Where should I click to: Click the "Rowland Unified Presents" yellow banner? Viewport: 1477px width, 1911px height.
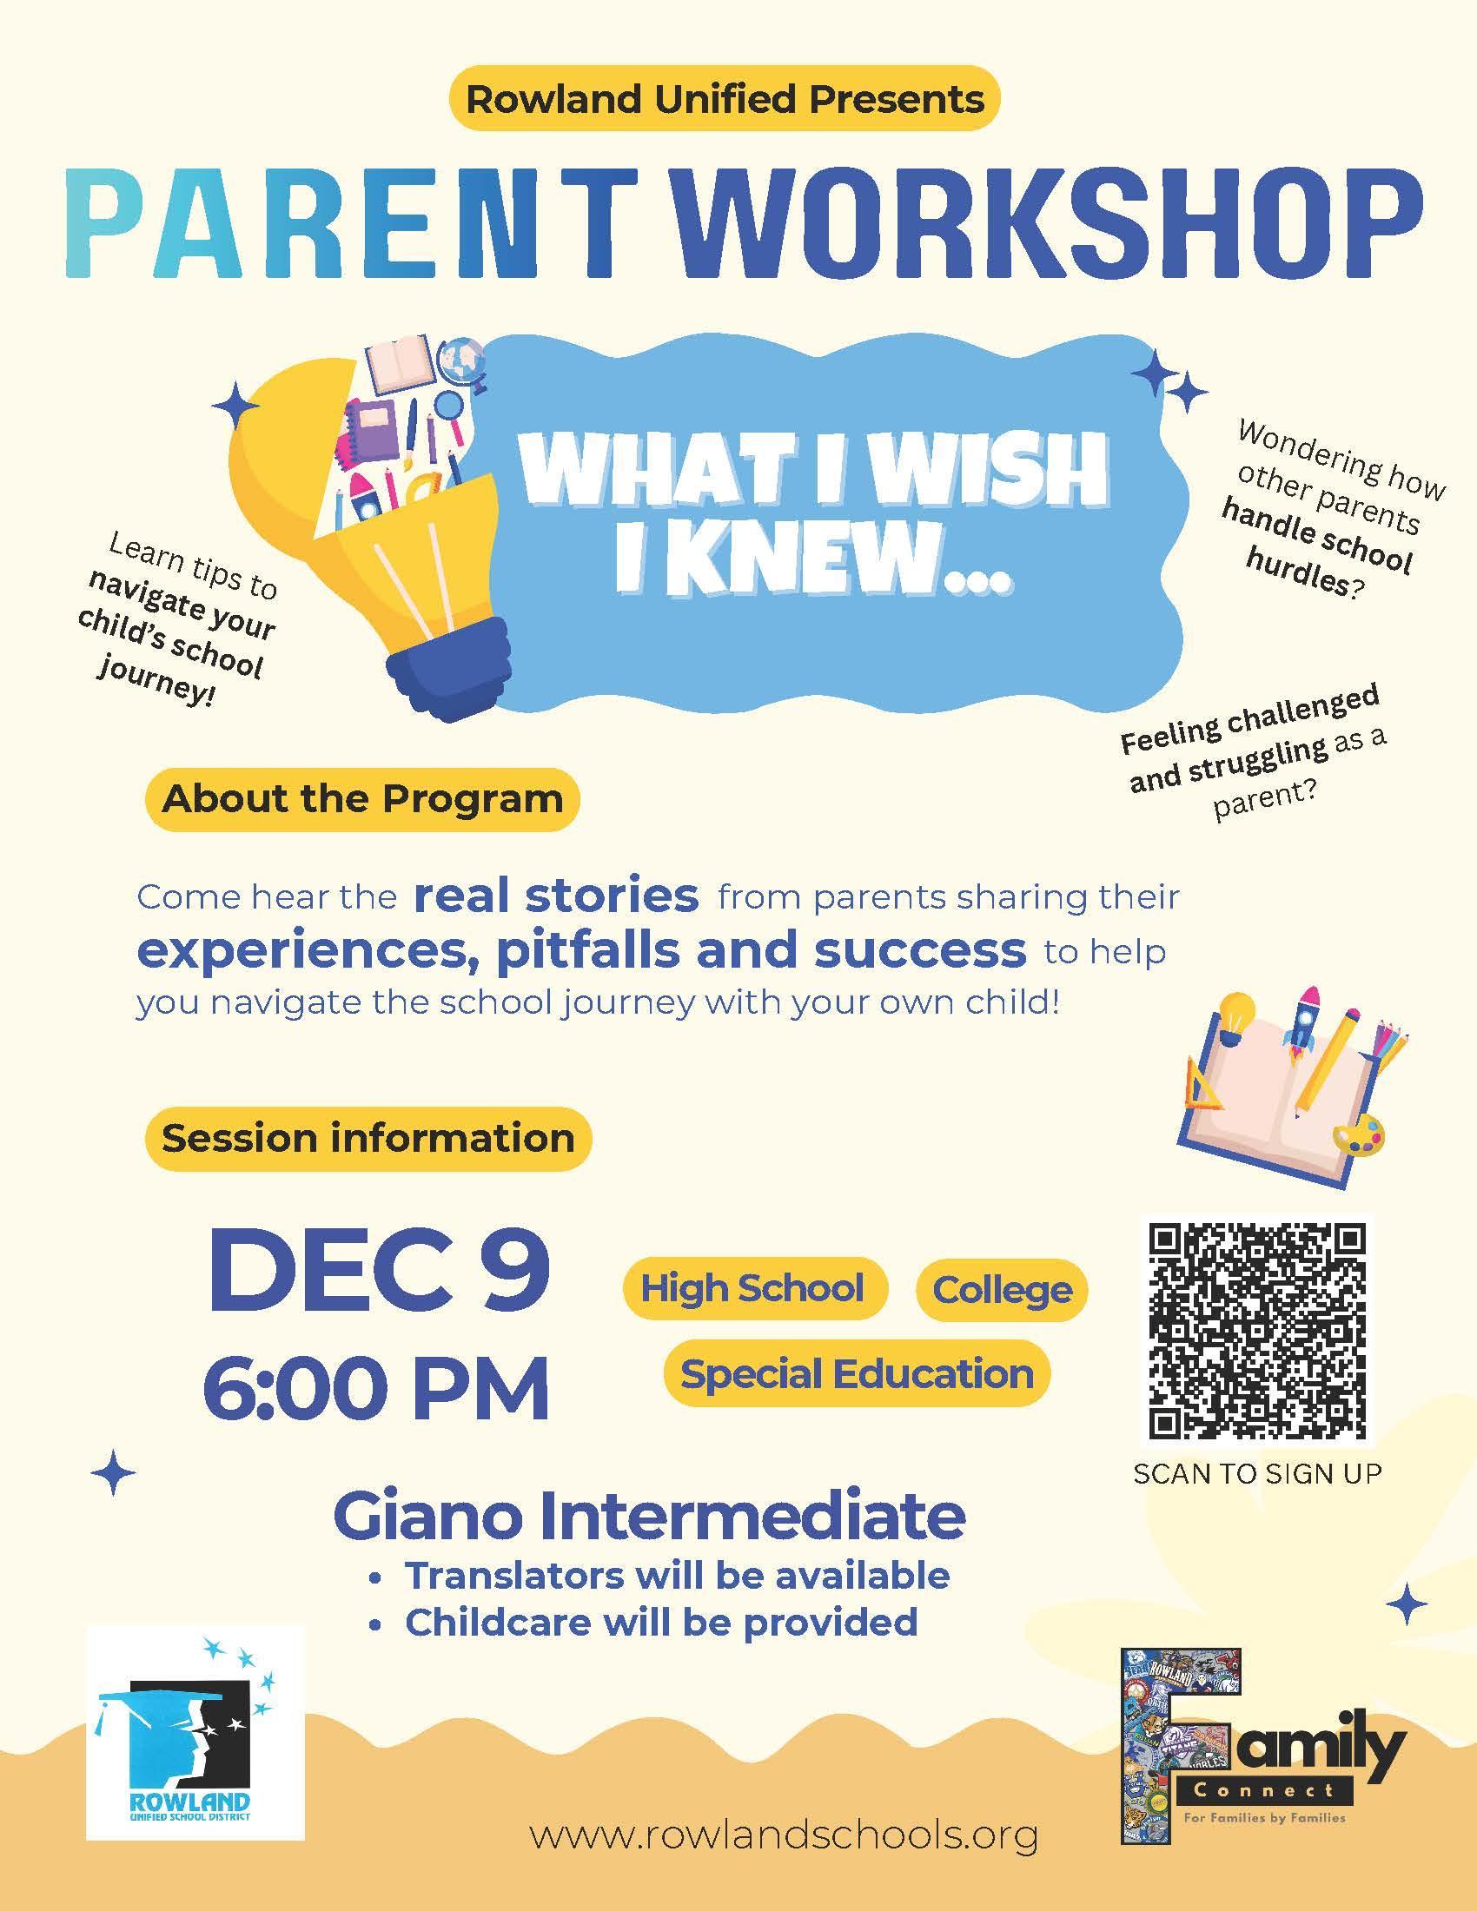[x=724, y=99]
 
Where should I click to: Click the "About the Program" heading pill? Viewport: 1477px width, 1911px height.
[x=362, y=799]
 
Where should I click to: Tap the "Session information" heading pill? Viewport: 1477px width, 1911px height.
[x=368, y=1139]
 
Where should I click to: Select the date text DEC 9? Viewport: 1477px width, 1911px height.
[x=379, y=1269]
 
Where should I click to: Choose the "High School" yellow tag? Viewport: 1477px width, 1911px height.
[x=753, y=1289]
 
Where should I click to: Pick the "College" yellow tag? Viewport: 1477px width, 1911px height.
[x=1002, y=1289]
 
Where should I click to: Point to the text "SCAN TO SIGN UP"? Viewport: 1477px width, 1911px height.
[x=1257, y=1474]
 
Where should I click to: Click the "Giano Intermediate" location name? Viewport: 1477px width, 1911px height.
[x=649, y=1518]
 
